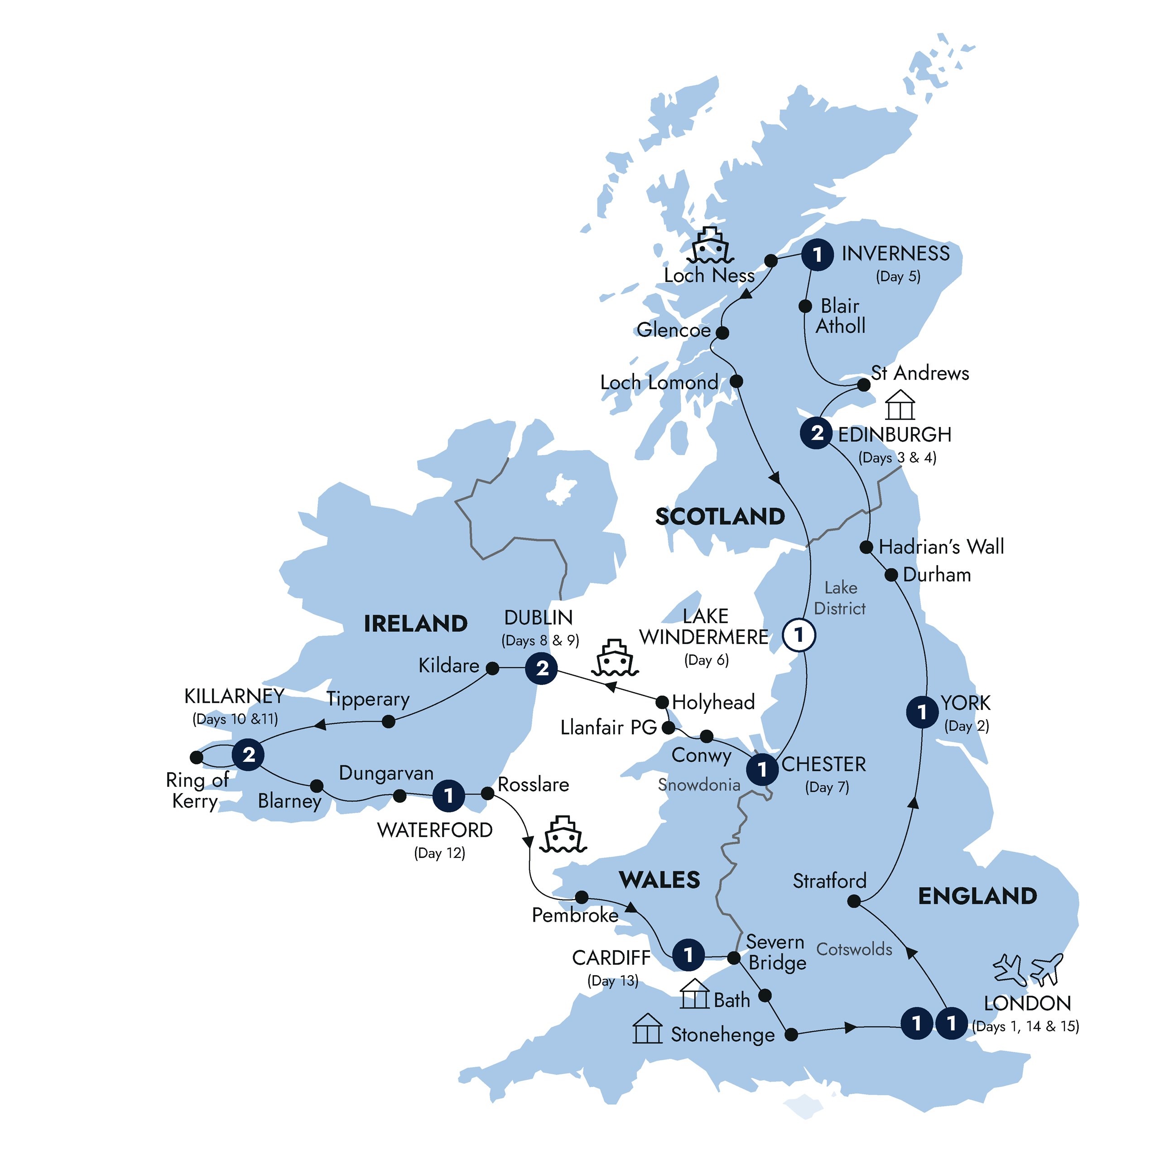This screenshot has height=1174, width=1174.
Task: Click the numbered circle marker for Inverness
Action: pos(817,255)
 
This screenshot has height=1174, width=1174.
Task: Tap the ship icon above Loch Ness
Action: pos(710,246)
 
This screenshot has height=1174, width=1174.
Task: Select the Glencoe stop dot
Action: pos(722,332)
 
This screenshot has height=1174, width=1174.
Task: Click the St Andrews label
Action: pos(919,373)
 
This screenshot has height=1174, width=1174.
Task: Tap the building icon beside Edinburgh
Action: pos(900,405)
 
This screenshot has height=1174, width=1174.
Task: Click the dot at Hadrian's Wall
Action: pos(866,547)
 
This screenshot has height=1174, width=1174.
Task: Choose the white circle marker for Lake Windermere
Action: pos(799,635)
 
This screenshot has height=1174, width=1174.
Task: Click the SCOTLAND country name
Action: pos(720,516)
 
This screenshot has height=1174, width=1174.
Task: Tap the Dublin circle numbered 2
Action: pos(541,669)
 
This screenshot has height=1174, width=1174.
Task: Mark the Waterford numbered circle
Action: pos(448,795)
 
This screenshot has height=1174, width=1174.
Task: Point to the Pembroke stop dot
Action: pos(582,897)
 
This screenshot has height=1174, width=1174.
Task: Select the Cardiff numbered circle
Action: pos(688,955)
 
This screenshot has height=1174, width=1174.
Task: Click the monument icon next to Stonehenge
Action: pos(647,1029)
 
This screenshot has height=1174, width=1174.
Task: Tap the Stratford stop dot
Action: pos(854,902)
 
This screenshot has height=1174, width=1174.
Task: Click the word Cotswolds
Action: pos(854,949)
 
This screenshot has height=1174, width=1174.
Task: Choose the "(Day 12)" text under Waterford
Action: pos(439,853)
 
